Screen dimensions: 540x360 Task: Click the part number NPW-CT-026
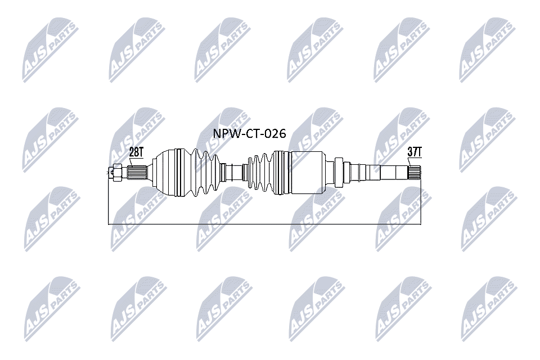point(249,133)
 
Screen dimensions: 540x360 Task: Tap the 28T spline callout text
point(136,152)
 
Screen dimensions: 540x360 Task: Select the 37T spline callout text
point(415,152)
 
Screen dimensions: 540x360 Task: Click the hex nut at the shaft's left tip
point(116,172)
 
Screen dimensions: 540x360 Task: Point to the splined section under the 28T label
point(137,173)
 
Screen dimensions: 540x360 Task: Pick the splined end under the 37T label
point(415,172)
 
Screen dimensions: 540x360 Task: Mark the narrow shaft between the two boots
point(234,172)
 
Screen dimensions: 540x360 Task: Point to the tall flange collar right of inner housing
point(339,172)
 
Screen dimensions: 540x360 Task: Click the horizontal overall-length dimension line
point(264,224)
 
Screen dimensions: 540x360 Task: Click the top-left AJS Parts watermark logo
point(51,50)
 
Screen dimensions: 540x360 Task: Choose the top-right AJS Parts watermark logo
point(488,50)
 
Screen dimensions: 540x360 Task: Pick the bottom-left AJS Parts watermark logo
point(52,309)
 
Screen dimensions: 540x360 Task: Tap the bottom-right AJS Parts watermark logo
point(489,309)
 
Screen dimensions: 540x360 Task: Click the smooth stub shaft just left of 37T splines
point(394,172)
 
